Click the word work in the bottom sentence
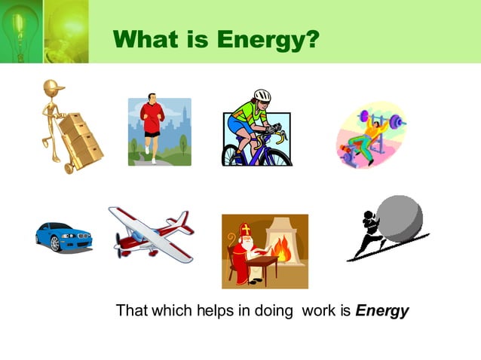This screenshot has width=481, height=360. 326,310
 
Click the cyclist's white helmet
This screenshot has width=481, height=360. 262,96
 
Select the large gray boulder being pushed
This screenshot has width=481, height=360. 401,219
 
